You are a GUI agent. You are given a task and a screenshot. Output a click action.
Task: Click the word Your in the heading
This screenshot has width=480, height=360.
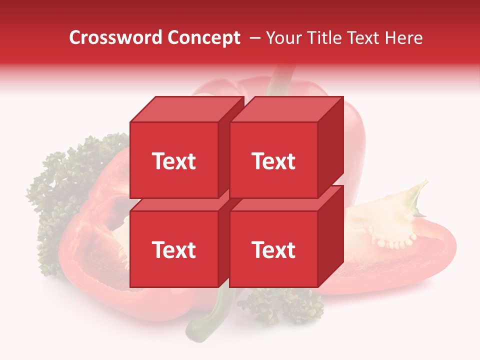tap(285, 38)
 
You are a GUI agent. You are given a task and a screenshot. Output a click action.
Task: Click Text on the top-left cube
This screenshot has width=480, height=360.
tap(174, 161)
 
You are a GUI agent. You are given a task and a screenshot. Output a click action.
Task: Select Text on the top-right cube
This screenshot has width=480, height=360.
tap(273, 161)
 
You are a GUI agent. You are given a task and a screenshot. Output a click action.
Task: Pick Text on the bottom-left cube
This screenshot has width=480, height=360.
tap(174, 249)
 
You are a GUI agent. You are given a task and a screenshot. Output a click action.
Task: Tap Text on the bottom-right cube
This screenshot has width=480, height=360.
tap(273, 249)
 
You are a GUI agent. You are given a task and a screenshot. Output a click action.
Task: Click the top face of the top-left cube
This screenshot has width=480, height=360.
tap(187, 109)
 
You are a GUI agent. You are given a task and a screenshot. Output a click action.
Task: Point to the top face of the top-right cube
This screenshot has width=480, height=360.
tap(287, 109)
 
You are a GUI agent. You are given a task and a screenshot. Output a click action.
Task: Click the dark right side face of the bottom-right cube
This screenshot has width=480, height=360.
tap(330, 237)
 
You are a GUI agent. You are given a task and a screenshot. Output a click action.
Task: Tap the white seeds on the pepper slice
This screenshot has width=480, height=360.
tap(395, 242)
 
